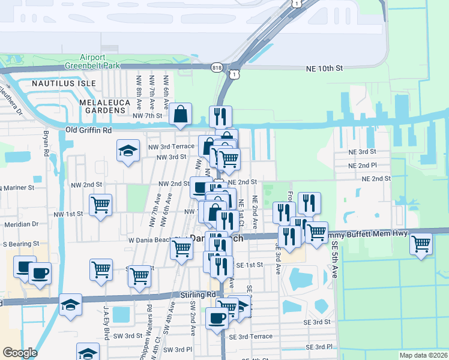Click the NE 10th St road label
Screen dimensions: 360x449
[324, 69]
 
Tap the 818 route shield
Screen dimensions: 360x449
[215, 68]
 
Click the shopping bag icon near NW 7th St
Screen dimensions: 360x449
[180, 114]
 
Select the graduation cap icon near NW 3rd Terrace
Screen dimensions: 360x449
[128, 151]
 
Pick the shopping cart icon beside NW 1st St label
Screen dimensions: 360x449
[100, 205]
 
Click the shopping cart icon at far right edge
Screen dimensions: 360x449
[421, 244]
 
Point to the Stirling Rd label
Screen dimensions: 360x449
[197, 295]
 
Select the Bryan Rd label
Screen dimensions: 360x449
[46, 144]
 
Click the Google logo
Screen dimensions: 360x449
[20, 353]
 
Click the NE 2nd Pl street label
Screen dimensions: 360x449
[362, 165]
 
